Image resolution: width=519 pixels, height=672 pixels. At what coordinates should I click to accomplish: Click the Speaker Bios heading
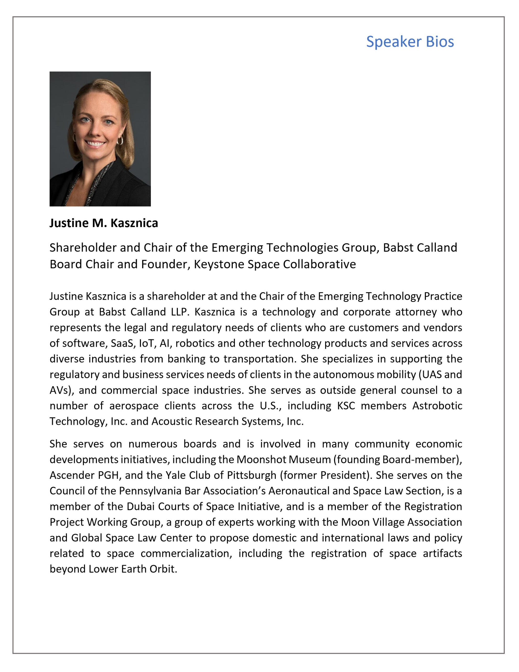[x=410, y=41]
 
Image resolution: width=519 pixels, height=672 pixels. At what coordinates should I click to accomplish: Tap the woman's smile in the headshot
[x=95, y=143]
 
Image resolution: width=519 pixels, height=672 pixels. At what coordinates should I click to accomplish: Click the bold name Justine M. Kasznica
[x=104, y=223]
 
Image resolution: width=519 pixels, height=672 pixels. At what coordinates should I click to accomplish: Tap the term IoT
[x=146, y=343]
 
